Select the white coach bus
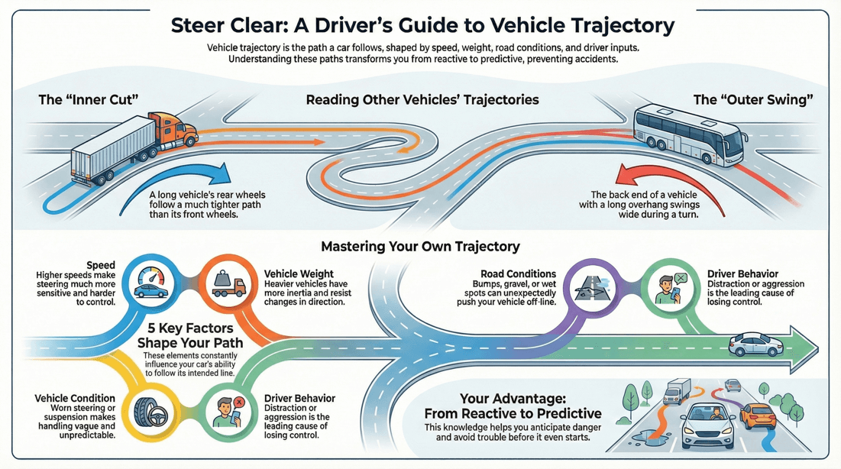[x=688, y=134]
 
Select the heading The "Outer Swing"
[x=752, y=100]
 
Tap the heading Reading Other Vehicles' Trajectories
[x=422, y=100]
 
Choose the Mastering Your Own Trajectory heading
[x=420, y=246]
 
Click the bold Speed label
[x=101, y=264]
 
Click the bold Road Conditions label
[x=518, y=273]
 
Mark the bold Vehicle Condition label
[x=75, y=398]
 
